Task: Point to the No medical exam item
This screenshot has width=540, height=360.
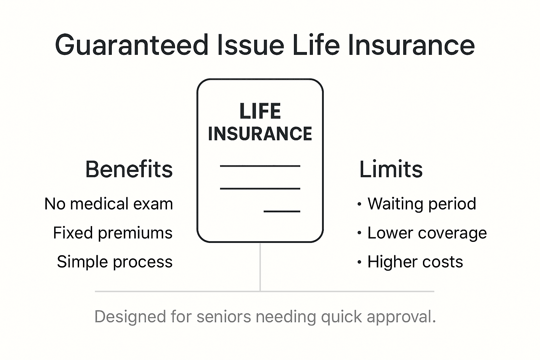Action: [x=109, y=204]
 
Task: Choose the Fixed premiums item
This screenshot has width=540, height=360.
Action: [x=113, y=233]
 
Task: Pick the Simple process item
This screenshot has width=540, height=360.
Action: [x=115, y=262]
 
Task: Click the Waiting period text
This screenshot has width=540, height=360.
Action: [x=422, y=204]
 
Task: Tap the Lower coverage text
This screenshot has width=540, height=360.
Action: [x=427, y=233]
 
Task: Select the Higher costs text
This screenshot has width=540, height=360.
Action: [x=415, y=262]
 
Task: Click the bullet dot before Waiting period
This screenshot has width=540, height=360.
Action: [x=359, y=204]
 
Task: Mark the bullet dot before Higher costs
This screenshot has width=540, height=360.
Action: [x=359, y=262]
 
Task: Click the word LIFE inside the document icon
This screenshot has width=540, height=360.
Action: [x=260, y=111]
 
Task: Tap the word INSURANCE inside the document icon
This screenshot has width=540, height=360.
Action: [x=260, y=134]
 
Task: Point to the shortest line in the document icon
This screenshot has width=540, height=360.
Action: [x=282, y=211]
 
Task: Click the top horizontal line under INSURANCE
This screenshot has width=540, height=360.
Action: [x=260, y=166]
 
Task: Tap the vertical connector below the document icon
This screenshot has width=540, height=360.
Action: [x=260, y=267]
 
